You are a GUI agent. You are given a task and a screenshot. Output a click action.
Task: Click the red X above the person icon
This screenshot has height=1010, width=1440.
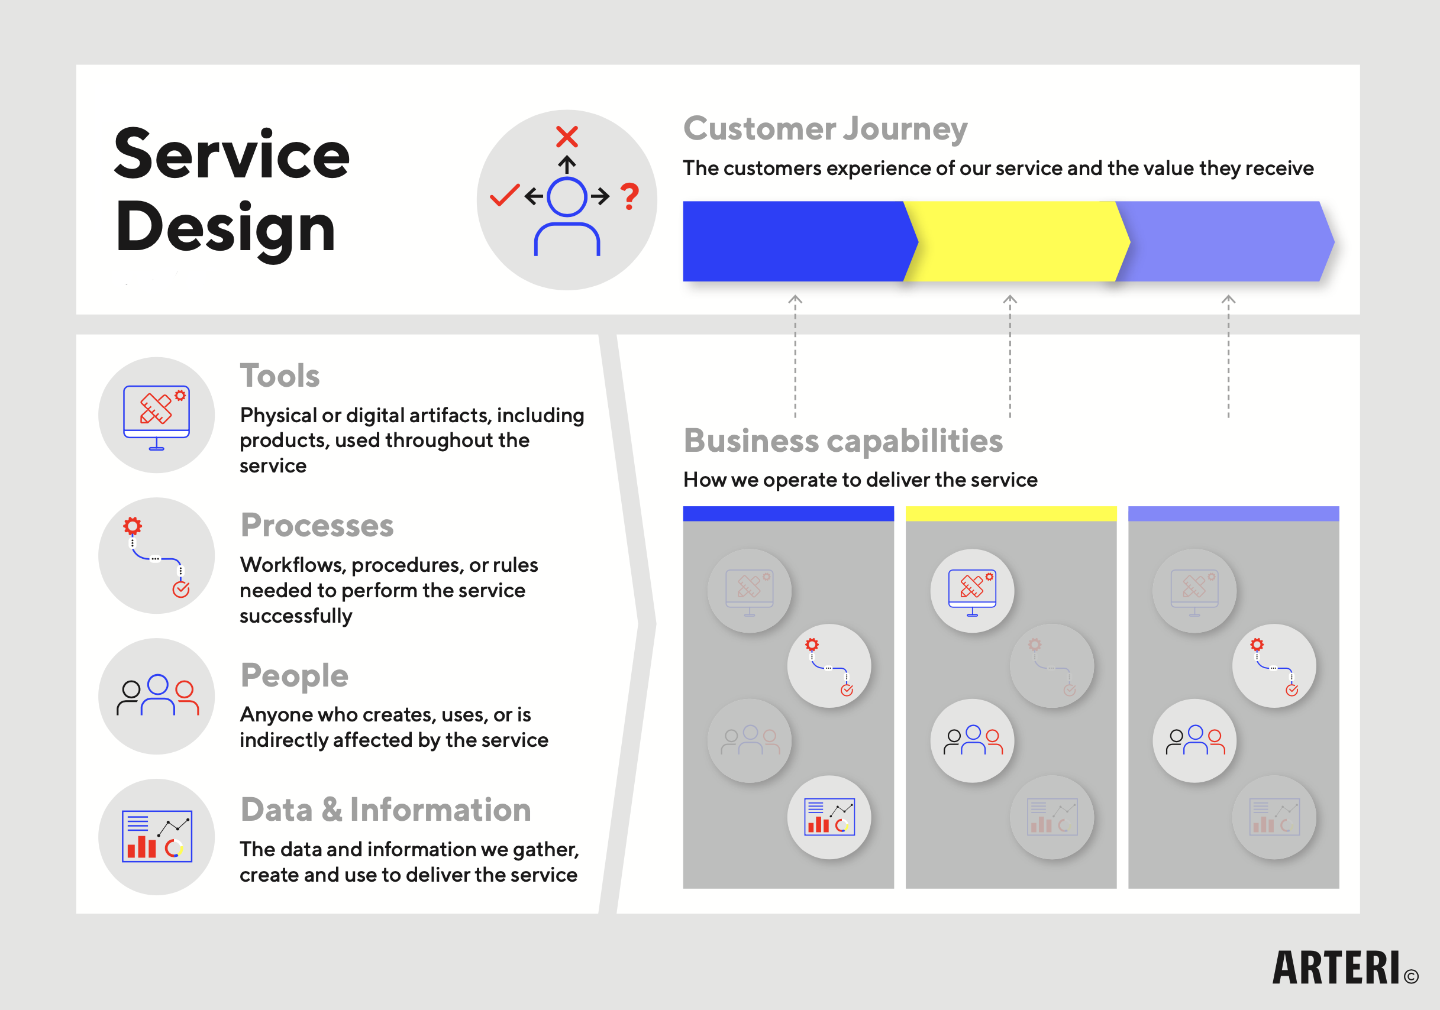coord(567,137)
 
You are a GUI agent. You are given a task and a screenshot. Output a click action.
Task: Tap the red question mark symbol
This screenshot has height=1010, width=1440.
coord(629,196)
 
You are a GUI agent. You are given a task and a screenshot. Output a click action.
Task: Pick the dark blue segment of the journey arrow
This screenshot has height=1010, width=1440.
coord(793,241)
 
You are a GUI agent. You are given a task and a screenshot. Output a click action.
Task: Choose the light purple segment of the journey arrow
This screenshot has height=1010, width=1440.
coord(1226,241)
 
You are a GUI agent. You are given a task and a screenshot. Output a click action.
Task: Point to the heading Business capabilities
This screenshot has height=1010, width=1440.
coord(843,441)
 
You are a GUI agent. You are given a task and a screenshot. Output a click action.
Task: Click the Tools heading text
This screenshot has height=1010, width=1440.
coord(280,376)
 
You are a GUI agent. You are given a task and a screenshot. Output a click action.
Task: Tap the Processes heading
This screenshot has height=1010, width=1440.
coord(317,525)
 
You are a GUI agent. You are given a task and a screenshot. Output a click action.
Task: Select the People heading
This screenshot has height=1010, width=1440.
coord(294,675)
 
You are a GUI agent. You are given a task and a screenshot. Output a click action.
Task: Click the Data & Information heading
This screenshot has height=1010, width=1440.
coord(386,810)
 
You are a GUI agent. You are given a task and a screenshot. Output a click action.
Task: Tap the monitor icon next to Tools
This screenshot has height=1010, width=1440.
coord(156,416)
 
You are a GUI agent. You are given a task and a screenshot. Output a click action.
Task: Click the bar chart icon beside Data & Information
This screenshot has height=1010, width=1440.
coord(157,836)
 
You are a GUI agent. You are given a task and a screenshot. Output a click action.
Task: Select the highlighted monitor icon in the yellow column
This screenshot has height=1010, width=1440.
coord(972,591)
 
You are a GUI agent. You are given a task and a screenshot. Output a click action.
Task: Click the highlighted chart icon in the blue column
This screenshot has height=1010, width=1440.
coord(829,818)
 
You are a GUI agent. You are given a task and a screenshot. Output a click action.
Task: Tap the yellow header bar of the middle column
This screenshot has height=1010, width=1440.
coord(1011,513)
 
